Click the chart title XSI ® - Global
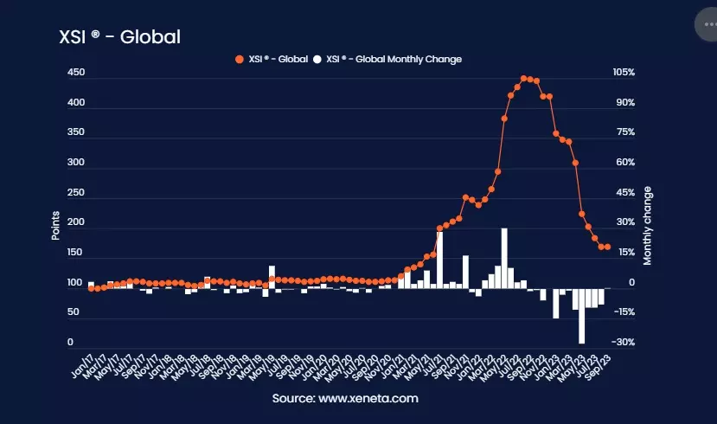click(x=118, y=37)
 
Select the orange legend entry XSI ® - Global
click(x=272, y=59)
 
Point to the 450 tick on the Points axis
click(x=75, y=73)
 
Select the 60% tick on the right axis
click(x=624, y=163)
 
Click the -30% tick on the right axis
click(x=623, y=343)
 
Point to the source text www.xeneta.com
click(x=345, y=399)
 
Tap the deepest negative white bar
click(x=582, y=316)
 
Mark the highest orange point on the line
click(x=523, y=79)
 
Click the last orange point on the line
click(x=608, y=247)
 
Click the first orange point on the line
click(x=91, y=288)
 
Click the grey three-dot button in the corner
click(x=707, y=25)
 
